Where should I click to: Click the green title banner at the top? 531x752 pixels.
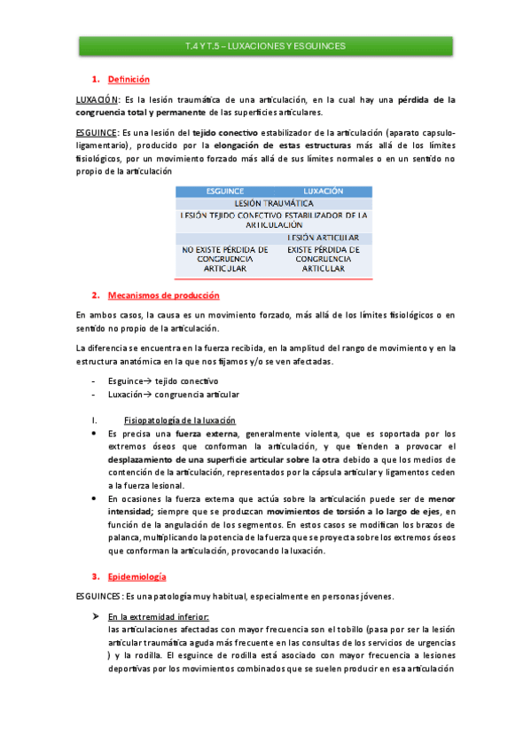pos(265,45)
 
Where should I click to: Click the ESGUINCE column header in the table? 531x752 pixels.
pos(225,191)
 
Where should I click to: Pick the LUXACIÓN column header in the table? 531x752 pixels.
pos(323,191)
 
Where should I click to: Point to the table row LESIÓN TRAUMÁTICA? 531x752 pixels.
pos(274,203)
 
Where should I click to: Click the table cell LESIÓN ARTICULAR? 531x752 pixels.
pos(323,238)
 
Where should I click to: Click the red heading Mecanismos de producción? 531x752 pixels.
pos(163,294)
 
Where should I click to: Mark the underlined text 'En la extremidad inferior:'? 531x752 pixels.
pos(158,615)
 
